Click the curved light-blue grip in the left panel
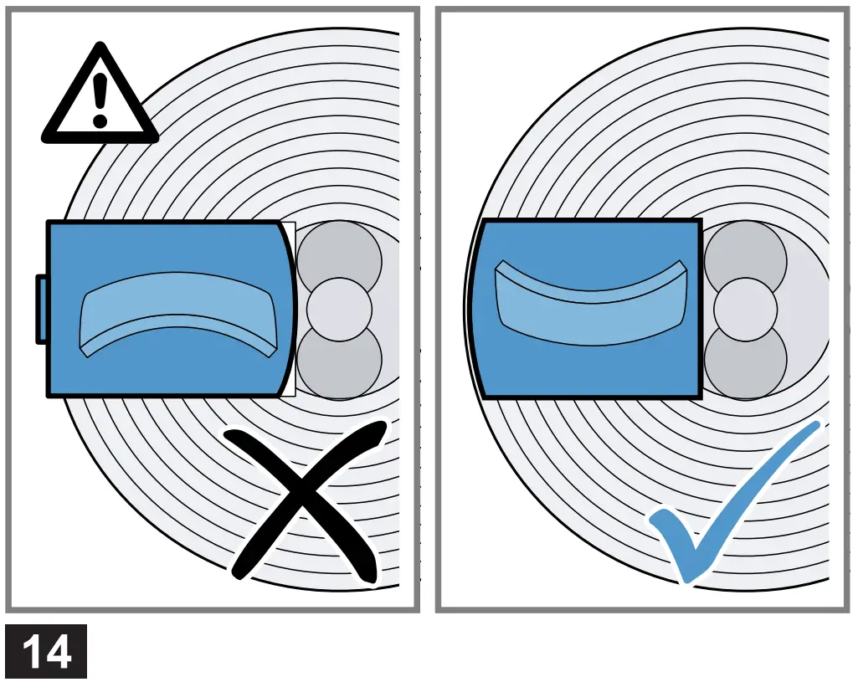point(177,313)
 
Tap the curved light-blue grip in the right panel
point(590,300)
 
